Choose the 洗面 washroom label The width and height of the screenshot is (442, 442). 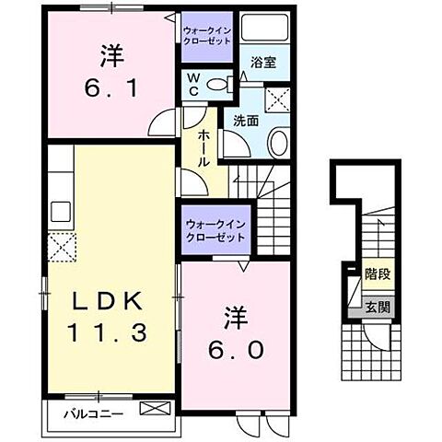tap(245, 120)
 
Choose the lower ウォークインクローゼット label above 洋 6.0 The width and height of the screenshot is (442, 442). tap(215, 228)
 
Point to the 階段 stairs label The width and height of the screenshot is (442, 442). tap(375, 273)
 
